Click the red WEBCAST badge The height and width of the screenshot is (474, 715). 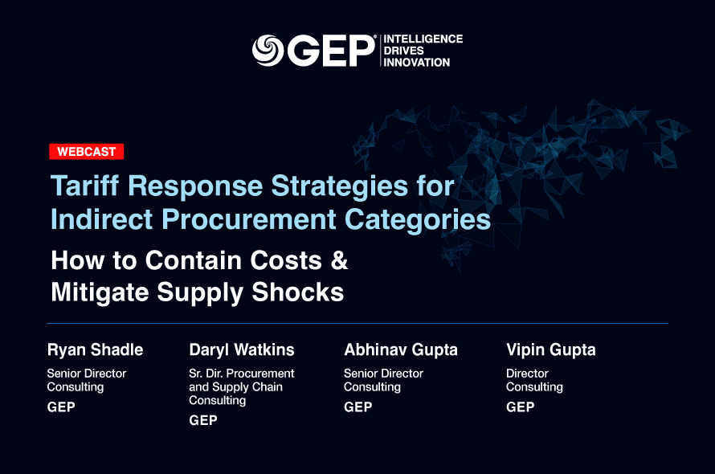point(87,152)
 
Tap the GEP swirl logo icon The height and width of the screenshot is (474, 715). point(268,50)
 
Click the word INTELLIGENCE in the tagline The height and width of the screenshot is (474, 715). point(423,39)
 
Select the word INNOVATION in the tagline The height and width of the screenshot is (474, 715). point(417,62)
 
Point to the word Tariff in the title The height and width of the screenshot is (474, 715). point(85,186)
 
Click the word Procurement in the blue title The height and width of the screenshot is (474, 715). point(249,219)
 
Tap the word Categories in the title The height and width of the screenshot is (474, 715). point(418,220)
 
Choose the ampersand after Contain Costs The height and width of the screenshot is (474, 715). point(339,260)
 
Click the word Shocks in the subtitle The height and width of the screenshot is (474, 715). point(298,292)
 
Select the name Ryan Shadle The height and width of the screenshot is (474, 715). point(95,350)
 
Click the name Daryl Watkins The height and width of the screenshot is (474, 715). point(242,350)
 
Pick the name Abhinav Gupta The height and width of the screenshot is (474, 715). point(401,350)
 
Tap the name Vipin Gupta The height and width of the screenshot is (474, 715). point(551,350)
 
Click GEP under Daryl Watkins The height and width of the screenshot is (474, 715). point(203,420)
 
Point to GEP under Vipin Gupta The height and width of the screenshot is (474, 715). point(521,407)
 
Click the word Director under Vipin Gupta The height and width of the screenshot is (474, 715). point(527,374)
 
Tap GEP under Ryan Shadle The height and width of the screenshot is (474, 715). point(61,407)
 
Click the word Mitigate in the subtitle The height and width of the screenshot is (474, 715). point(100,292)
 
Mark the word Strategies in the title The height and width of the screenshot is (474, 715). point(339,186)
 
